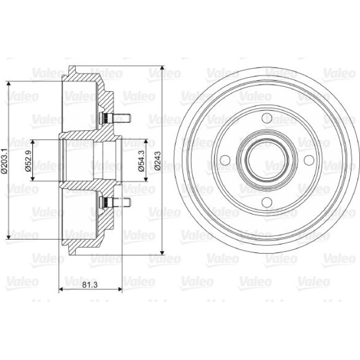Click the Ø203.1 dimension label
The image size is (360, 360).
5,160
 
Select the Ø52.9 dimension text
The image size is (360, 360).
28,160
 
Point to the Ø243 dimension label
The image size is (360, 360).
158,160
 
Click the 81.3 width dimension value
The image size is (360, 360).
90,285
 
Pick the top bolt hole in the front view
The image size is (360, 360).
267,118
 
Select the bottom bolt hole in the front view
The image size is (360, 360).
267,202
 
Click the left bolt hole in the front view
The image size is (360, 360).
225,160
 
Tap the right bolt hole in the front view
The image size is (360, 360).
309,160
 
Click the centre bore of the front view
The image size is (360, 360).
267,160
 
